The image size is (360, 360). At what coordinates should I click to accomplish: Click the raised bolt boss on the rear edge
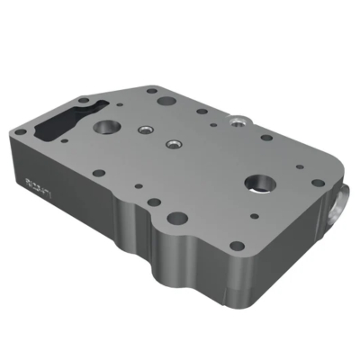pyautogui.click(x=238, y=120)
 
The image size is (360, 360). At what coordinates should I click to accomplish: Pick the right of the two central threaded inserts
pyautogui.click(x=172, y=143)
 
